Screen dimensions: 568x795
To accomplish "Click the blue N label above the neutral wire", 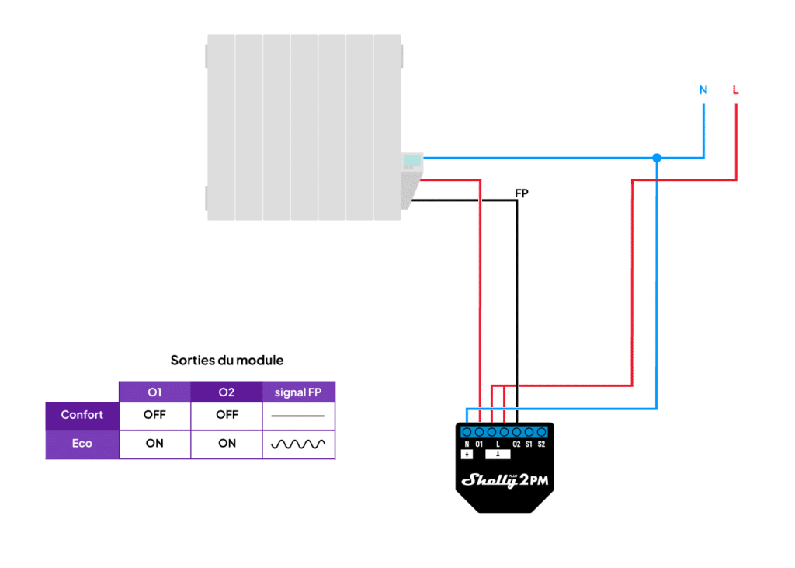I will [x=703, y=90].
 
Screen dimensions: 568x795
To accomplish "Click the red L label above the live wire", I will [x=735, y=90].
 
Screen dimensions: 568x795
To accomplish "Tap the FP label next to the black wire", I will [x=522, y=193].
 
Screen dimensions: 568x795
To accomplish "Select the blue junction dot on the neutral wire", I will [x=657, y=158].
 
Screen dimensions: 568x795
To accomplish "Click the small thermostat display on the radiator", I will [x=411, y=161].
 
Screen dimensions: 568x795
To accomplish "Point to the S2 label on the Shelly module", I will [x=541, y=444].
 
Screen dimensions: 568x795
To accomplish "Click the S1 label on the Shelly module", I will [x=529, y=444].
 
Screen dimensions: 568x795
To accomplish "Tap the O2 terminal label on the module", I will [x=516, y=444].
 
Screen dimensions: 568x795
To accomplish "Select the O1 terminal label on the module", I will [x=479, y=444].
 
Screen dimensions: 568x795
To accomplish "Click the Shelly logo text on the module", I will [x=490, y=480].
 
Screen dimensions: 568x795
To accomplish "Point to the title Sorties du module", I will [x=227, y=361].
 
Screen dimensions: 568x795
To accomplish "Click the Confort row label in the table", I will [x=82, y=415].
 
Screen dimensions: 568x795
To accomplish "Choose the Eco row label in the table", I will [x=82, y=444].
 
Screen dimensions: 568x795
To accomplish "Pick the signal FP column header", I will [x=298, y=392].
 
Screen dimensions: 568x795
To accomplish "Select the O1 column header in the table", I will [x=154, y=392].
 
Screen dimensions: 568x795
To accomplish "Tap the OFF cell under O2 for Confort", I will [x=227, y=415].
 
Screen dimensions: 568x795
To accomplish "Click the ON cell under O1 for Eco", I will [x=154, y=444].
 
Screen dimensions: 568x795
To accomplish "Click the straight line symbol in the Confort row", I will [x=298, y=416].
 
